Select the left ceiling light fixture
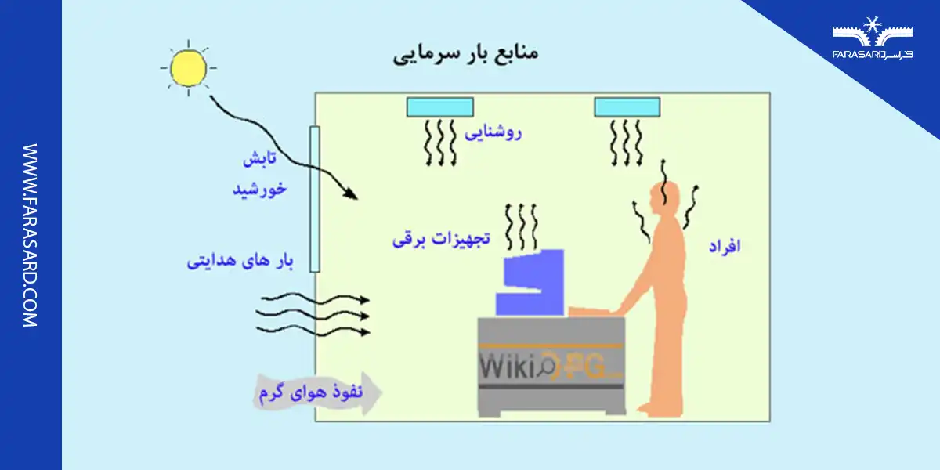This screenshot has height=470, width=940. coord(439,107)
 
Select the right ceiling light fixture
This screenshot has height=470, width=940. coord(627,107)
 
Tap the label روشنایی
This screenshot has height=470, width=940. coord(493,132)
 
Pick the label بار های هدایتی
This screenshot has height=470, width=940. coord(239,260)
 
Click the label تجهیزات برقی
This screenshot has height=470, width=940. coord(441,239)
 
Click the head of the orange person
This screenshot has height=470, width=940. coord(668,196)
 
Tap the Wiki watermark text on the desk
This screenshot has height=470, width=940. coord(505,366)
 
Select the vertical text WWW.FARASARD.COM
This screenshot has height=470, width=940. coord(31,235)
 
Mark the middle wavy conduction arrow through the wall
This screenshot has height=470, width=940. coord(313,316)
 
